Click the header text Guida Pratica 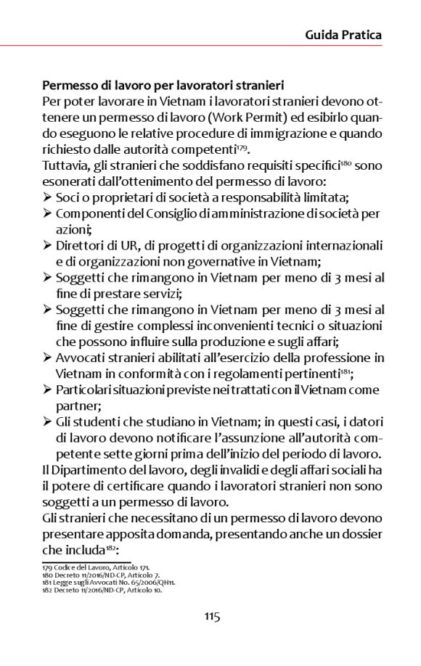(343, 34)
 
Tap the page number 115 (211, 617)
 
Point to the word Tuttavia (65, 166)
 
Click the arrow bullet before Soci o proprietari (47, 197)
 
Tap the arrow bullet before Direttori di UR (47, 245)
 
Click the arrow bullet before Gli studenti (47, 422)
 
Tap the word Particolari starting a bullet (83, 390)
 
